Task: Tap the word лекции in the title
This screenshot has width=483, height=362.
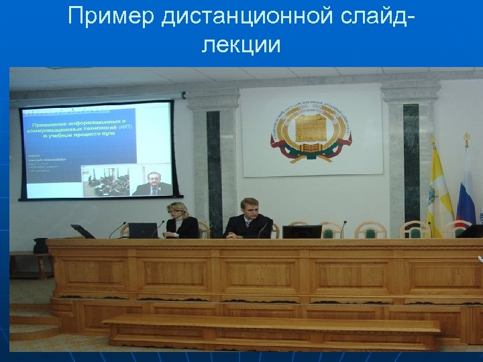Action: [x=241, y=45]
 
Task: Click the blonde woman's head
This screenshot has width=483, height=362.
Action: [x=178, y=210]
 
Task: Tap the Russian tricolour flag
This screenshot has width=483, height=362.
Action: [x=466, y=188]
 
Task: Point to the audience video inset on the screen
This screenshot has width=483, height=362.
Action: [x=105, y=181]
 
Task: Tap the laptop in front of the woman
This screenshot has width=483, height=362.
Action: [x=142, y=230]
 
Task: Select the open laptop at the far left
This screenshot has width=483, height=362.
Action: [x=83, y=231]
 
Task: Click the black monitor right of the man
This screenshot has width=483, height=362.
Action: [x=301, y=232]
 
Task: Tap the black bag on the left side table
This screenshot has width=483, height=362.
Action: [x=41, y=245]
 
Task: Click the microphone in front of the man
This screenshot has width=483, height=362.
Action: [x=260, y=231]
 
